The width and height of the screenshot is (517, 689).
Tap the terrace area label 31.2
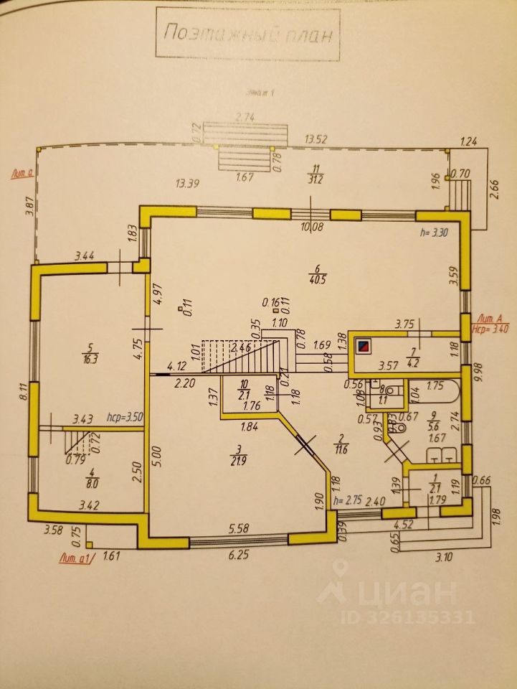[314, 179]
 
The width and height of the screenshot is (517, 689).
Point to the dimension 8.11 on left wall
[23, 391]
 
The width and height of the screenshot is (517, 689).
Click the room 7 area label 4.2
[413, 365]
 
